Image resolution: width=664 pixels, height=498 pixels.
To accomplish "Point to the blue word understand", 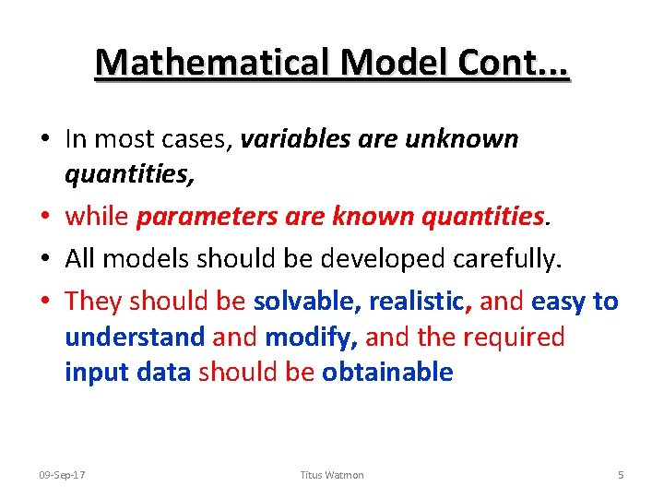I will (135, 337).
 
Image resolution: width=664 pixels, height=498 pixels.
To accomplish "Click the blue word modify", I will (311, 337).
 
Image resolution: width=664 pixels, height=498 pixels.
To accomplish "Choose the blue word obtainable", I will (387, 372).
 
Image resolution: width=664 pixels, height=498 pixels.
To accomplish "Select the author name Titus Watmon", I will (332, 475).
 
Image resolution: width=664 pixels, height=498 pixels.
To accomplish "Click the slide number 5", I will (621, 475).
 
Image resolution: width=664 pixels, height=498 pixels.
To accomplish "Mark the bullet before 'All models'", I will (45, 260).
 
